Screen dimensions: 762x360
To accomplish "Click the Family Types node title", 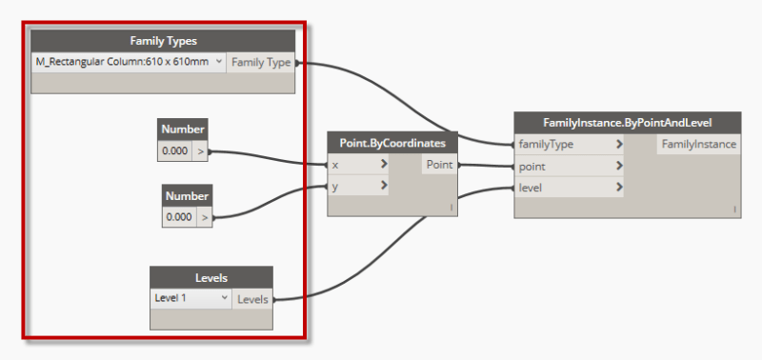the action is (x=163, y=41).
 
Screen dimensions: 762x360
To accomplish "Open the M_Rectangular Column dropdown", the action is (x=129, y=62).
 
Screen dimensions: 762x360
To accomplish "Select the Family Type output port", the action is (x=261, y=63).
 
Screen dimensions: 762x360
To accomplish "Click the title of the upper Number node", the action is (x=183, y=130).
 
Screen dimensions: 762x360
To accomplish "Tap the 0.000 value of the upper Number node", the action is (x=175, y=151).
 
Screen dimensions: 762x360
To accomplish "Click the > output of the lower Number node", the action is (x=205, y=218).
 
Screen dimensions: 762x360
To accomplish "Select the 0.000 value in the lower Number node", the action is (x=179, y=217).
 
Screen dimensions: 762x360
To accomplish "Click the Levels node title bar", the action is (x=211, y=278).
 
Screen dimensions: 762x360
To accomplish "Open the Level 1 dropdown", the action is (x=191, y=298).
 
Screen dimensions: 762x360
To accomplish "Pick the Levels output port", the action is (x=252, y=300).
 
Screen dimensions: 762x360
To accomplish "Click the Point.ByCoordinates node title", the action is (x=392, y=143).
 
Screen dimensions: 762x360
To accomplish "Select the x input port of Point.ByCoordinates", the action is (x=359, y=165).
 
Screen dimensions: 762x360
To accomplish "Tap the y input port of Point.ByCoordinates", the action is (x=359, y=186).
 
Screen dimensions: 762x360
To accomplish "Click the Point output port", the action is (x=440, y=165).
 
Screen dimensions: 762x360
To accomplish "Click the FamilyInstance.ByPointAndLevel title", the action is (x=628, y=123).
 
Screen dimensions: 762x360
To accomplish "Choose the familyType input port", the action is (x=569, y=145).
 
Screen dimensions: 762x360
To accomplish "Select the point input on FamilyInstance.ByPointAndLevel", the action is (x=569, y=167).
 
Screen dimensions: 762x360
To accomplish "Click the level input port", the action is (x=569, y=188).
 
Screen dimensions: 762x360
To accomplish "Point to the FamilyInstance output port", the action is (x=699, y=145).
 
